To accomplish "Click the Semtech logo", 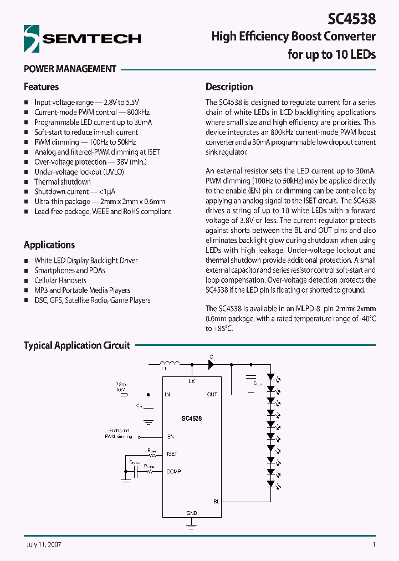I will pos(82,38).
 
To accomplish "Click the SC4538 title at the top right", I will pos(351,19).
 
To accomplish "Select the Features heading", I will pos(41,86).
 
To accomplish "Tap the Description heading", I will pos(229,86).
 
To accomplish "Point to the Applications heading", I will pos(49,244).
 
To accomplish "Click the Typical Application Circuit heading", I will pos(76,345).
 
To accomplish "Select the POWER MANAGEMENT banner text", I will pos(70,69).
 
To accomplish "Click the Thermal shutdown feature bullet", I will pos(62,182).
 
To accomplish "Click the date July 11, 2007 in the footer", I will pos(43,544).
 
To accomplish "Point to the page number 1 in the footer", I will pos(374,544).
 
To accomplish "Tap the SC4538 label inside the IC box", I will pos(191,419).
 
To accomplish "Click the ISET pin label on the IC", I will pos(172,453).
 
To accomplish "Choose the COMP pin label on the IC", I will pos(173,471).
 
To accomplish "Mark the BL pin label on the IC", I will pos(216,501).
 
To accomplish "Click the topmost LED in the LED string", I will pos(271,376).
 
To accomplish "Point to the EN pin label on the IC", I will pos(170,437).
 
